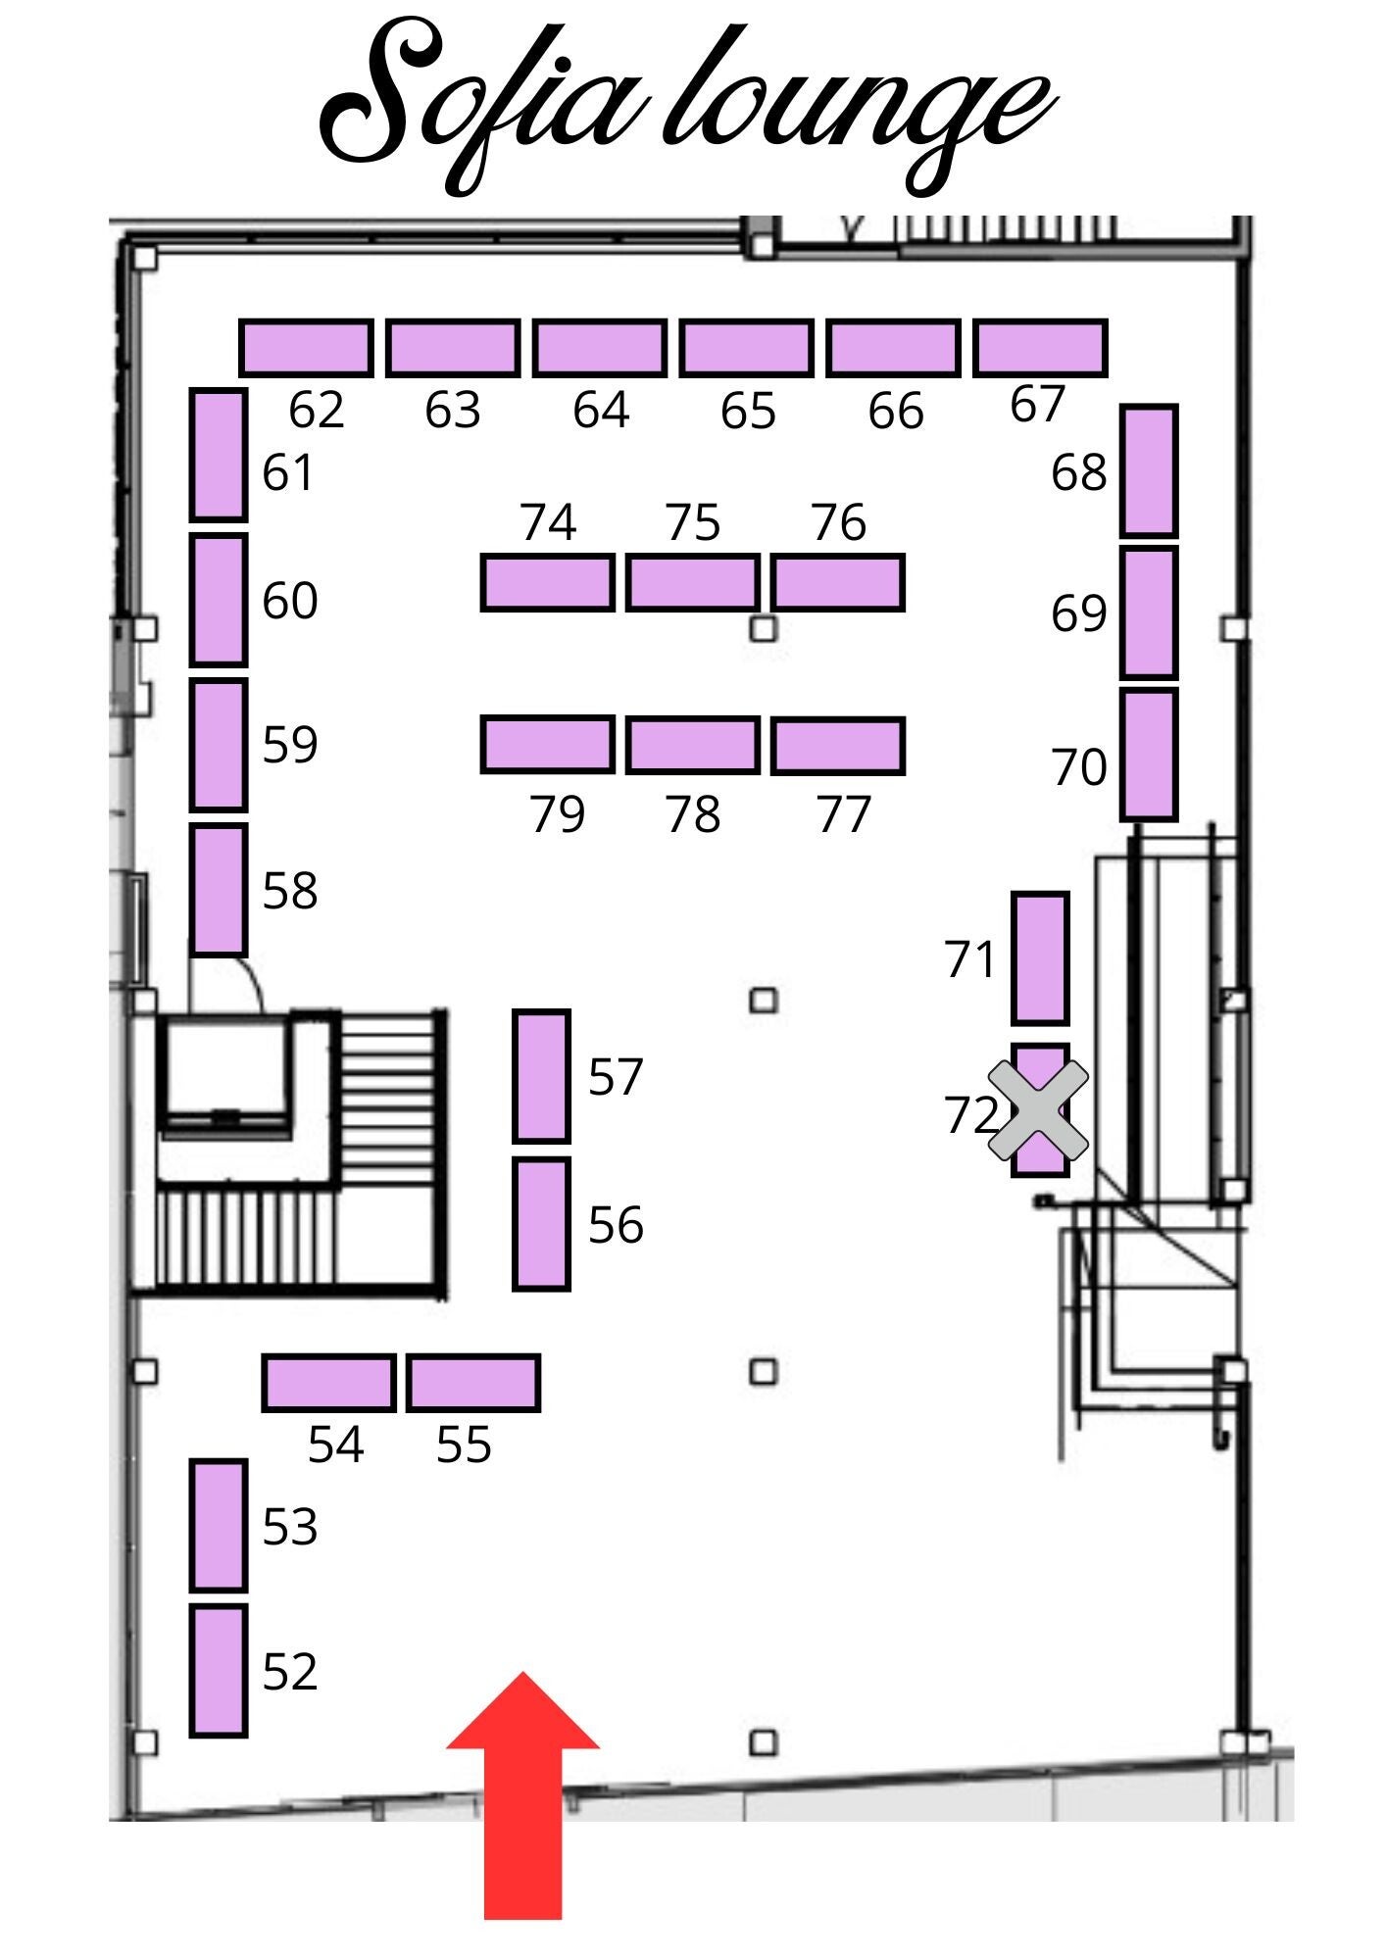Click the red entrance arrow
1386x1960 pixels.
click(522, 1803)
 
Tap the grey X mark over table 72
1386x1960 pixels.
click(1038, 1109)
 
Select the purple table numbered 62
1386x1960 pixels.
click(306, 348)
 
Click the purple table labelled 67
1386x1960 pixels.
click(1040, 348)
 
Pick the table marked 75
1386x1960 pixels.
click(692, 582)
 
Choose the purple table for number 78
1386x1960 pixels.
click(692, 745)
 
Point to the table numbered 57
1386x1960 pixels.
click(541, 1076)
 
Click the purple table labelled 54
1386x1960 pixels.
click(328, 1383)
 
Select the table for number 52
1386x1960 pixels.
click(218, 1670)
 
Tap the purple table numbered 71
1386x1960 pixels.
click(1039, 957)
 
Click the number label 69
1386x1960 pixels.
click(1078, 613)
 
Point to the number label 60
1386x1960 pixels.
click(290, 600)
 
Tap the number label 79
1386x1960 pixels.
click(557, 813)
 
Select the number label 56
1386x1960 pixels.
click(616, 1225)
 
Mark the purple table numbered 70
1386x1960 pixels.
click(1148, 754)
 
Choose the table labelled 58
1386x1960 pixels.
click(218, 889)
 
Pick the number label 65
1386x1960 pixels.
click(748, 411)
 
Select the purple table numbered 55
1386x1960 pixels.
click(473, 1383)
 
